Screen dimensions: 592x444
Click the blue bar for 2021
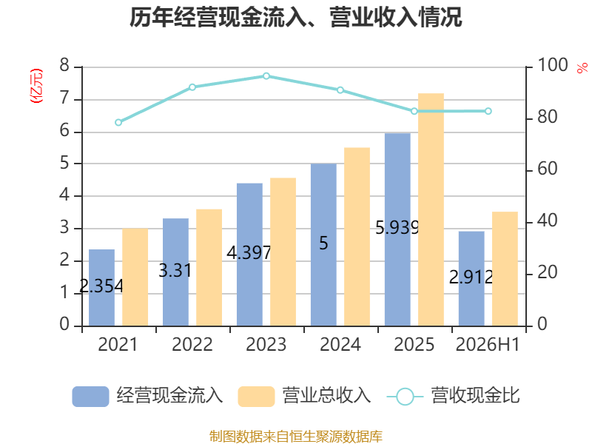[x=101, y=288]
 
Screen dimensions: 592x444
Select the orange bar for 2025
[x=431, y=209]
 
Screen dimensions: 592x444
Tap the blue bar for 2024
[x=323, y=245]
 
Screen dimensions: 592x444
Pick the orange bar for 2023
[x=283, y=252]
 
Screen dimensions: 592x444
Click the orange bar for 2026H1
[x=505, y=269]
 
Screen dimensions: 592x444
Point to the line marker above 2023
[x=266, y=76]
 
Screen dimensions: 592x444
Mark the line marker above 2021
[x=118, y=122]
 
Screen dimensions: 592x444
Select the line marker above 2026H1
[x=488, y=111]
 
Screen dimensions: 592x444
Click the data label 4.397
[x=249, y=252]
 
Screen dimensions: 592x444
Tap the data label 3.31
[x=175, y=270]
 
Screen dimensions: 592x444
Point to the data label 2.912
[x=471, y=277]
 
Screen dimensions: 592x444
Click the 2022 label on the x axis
[x=192, y=344]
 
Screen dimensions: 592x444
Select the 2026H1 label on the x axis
[x=488, y=344]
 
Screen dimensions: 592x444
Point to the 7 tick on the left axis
[x=64, y=98]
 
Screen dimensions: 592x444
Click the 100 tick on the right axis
[x=552, y=65]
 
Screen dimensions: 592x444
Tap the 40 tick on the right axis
[x=548, y=221]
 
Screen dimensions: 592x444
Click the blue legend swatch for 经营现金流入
[x=90, y=397]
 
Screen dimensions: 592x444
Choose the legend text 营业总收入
[x=327, y=396]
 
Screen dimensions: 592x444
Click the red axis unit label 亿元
[x=36, y=86]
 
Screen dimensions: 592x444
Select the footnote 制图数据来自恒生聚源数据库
[x=296, y=437]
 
